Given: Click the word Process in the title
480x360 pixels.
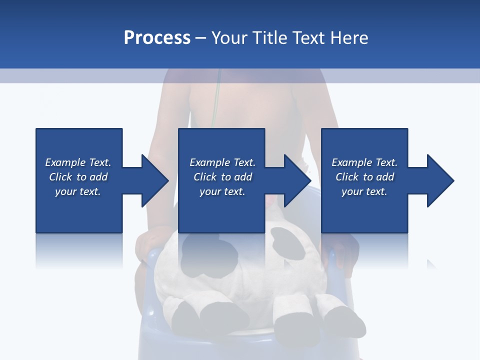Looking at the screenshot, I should [x=157, y=38].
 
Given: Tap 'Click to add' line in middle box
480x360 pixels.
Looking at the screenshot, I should [x=222, y=177].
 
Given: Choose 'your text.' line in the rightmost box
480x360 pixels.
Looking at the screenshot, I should [x=364, y=191].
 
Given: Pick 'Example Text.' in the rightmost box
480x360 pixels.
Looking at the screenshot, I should [x=364, y=162].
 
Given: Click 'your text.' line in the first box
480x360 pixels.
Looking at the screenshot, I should [x=78, y=191].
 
